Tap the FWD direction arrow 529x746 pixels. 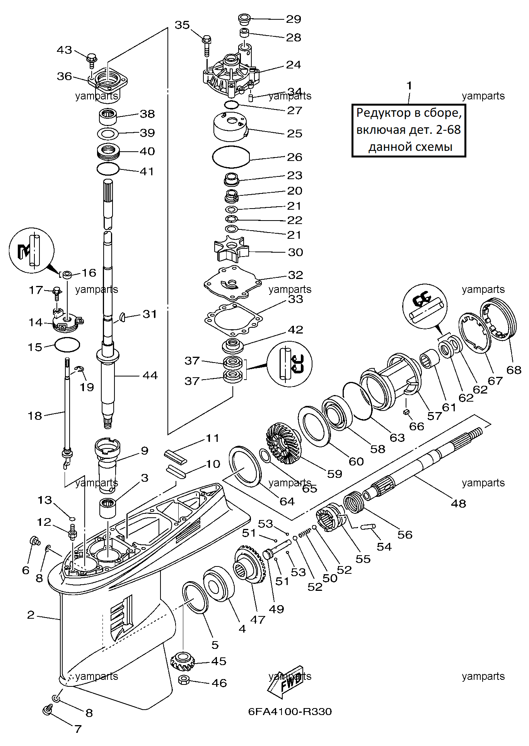(x=285, y=683)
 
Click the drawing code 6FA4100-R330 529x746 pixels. (x=290, y=712)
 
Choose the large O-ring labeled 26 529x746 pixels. (x=231, y=157)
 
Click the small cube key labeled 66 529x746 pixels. (x=406, y=412)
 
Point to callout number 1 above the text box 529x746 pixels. (x=410, y=86)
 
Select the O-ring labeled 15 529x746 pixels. (x=67, y=344)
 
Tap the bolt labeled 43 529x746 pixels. (x=92, y=59)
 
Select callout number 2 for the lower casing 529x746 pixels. (x=31, y=614)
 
